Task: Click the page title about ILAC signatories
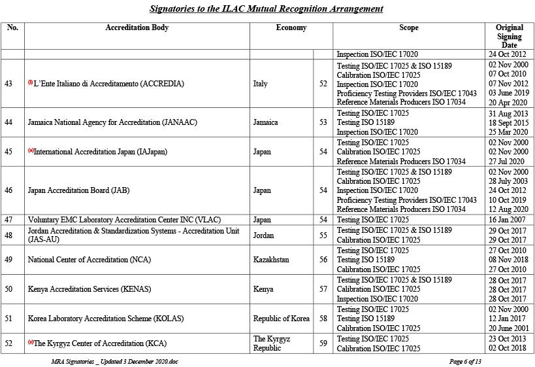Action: tap(266, 9)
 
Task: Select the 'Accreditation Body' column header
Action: tap(137, 28)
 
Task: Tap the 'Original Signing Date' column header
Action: tap(509, 36)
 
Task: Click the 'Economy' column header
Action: tap(291, 28)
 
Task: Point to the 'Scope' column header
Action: tap(408, 28)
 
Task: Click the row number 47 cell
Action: tap(8, 220)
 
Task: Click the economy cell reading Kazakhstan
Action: tap(271, 260)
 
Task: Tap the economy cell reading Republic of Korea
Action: tap(281, 319)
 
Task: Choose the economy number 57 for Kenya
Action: tap(323, 289)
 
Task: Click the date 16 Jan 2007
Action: tap(508, 220)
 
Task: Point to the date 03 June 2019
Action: tap(508, 94)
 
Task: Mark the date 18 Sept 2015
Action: tap(508, 122)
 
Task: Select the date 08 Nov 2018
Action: tap(508, 260)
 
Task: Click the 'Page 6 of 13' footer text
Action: tap(465, 361)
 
